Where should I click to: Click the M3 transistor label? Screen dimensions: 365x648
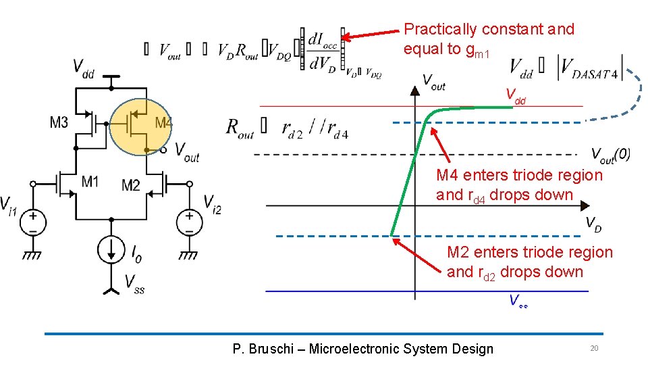(x=59, y=122)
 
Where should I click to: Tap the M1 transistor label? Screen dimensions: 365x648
(x=90, y=181)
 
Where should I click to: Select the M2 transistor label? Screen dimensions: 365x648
(x=131, y=185)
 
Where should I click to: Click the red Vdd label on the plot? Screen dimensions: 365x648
(x=516, y=96)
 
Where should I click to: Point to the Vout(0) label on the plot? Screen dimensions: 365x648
(x=610, y=155)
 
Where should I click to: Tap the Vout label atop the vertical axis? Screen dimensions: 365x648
(x=433, y=81)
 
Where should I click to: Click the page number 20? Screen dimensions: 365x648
(x=594, y=348)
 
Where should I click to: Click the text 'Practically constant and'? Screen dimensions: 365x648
(x=489, y=29)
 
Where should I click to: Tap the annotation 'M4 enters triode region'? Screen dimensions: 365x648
(x=519, y=175)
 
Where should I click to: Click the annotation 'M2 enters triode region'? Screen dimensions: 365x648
(x=530, y=252)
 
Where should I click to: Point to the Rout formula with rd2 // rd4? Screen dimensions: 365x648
(x=287, y=128)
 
